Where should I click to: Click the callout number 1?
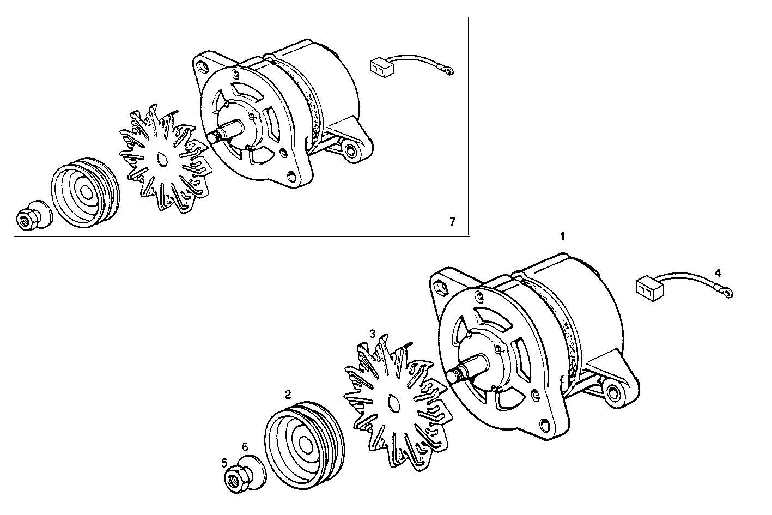click(562, 237)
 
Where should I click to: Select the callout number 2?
click(288, 393)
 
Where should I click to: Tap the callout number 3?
click(373, 333)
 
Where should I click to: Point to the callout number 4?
click(718, 272)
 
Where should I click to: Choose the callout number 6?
click(245, 446)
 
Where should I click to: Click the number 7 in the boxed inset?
click(452, 222)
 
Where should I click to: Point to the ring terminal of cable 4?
click(727, 294)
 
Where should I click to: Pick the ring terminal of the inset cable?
click(448, 71)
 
